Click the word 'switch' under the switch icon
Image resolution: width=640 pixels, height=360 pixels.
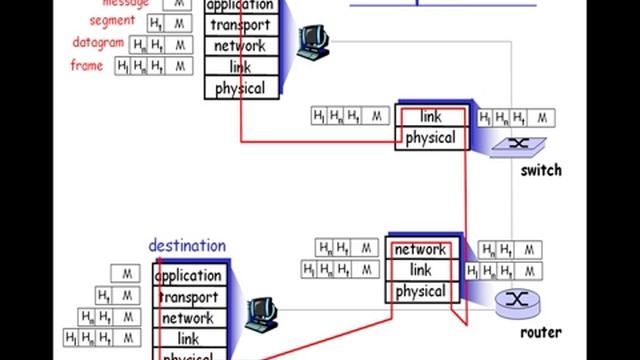pos(541,170)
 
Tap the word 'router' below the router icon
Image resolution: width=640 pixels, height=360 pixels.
pos(540,332)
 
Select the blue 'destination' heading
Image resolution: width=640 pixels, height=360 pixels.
pos(187,246)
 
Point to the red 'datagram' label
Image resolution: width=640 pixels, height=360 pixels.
pos(98,43)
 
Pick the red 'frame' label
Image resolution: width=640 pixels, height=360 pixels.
pos(87,65)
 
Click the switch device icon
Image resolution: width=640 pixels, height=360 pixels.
pos(518,143)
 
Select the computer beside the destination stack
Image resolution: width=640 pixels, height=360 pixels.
pos(262,312)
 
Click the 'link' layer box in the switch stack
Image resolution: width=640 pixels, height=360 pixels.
pos(431,117)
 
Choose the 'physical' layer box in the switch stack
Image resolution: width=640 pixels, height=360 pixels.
pos(431,138)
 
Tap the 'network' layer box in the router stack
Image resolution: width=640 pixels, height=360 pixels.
pos(420,250)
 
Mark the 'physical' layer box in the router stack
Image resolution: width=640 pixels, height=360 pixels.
pos(420,292)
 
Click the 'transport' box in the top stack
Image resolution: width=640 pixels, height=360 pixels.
pos(240,25)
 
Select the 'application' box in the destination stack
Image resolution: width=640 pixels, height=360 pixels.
pos(188,275)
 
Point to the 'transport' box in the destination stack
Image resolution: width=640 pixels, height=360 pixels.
pos(188,297)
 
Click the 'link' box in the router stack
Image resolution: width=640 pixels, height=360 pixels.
pos(420,271)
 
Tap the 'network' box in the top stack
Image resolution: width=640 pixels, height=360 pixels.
pos(240,46)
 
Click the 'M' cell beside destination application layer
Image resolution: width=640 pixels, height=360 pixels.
pos(127,273)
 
